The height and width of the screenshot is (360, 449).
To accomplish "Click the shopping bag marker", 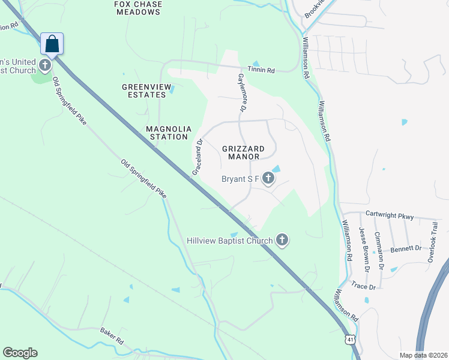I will tap(52, 44).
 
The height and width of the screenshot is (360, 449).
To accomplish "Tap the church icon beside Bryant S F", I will tap(268, 178).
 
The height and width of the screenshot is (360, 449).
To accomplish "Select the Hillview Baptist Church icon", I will tap(282, 241).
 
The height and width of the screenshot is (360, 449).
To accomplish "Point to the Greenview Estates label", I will tap(143, 91).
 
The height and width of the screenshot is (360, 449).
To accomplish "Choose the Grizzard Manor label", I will tap(243, 152).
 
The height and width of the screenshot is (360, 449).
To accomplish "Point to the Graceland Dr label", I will tap(198, 158).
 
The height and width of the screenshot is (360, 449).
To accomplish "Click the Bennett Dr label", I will tap(406, 248).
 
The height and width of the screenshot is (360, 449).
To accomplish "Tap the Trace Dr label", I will tap(363, 287).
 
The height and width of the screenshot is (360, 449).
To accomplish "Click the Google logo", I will tap(20, 353).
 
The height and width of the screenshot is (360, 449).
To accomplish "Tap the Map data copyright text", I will tap(423, 355).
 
